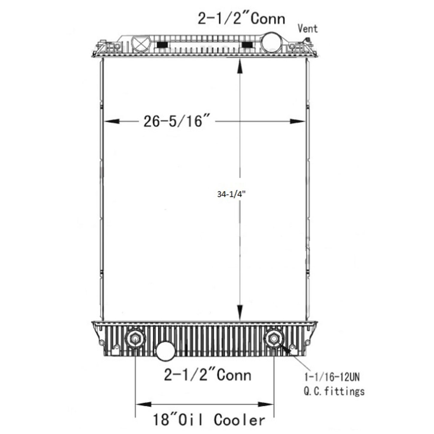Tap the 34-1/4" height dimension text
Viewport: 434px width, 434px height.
pos(231,194)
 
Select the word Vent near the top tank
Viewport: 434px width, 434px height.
pos(308,28)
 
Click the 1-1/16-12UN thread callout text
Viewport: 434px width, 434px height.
pos(332,377)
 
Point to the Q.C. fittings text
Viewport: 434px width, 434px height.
pos(334,391)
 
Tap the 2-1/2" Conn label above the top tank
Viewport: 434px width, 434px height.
pos(241,19)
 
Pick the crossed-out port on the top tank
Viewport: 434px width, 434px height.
pos(141,44)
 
